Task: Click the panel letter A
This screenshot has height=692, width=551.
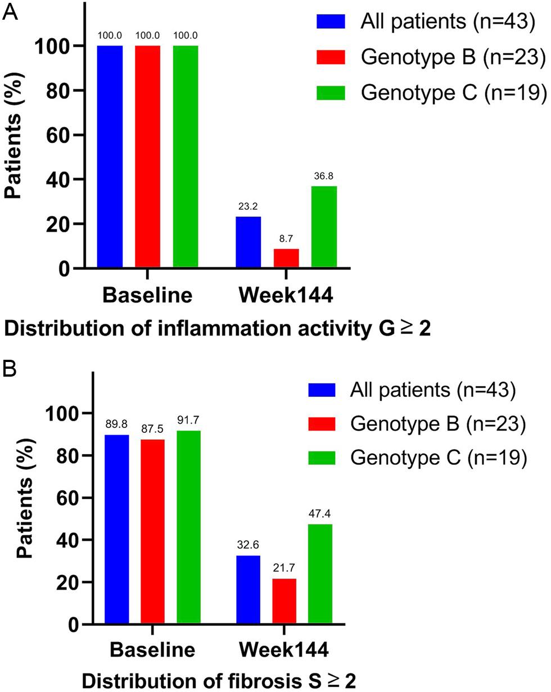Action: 11,12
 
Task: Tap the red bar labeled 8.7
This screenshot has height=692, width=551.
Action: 286,258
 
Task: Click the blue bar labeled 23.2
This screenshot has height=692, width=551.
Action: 249,242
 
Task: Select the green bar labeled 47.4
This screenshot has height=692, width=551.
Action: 320,574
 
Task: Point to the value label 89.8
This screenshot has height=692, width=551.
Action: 116,425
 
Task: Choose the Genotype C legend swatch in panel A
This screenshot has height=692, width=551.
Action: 332,93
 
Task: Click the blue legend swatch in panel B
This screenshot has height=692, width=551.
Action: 322,390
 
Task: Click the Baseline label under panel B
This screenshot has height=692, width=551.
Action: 153,650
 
